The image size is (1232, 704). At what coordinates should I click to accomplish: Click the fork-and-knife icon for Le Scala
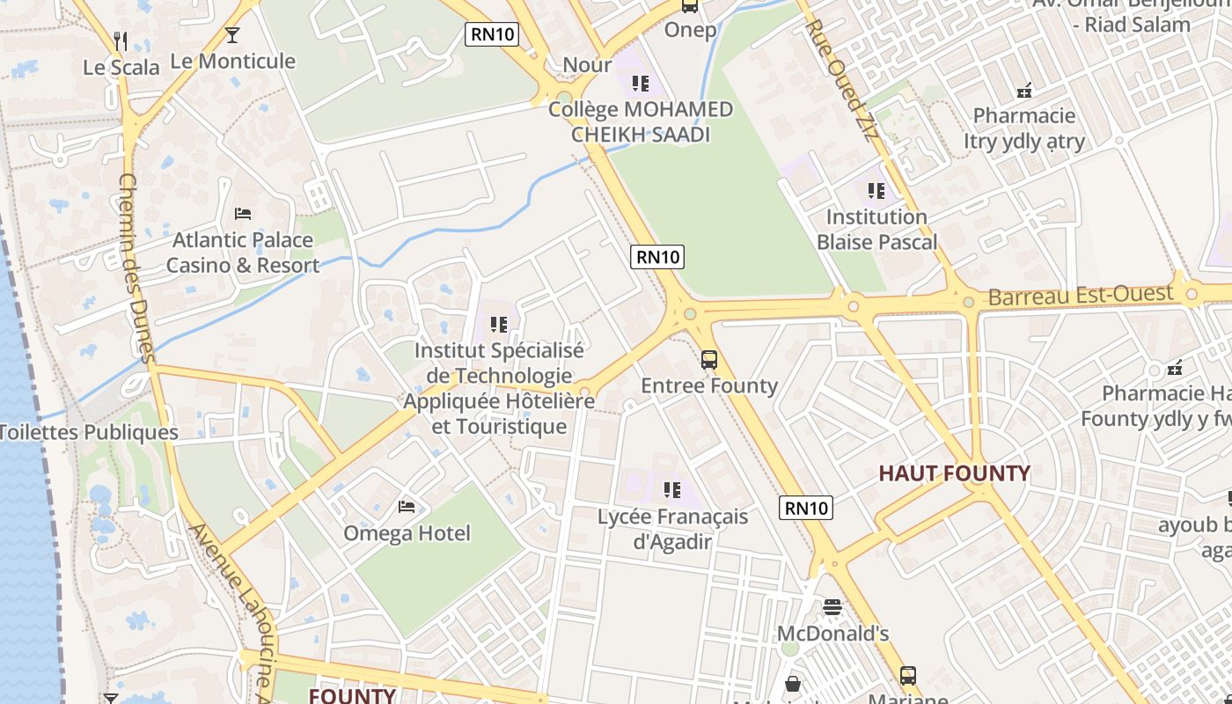[x=121, y=40]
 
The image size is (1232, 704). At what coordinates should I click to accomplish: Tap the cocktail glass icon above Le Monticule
[x=232, y=35]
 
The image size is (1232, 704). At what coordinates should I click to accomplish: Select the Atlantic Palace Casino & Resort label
[x=242, y=253]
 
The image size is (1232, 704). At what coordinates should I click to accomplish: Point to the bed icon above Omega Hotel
[x=407, y=506]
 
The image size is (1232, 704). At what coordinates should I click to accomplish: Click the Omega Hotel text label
[x=407, y=533]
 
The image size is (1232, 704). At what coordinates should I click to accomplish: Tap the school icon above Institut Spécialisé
[x=499, y=325]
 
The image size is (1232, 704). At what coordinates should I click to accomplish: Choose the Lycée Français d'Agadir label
[x=672, y=529]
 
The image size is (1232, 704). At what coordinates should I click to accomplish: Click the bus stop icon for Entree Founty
[x=709, y=359]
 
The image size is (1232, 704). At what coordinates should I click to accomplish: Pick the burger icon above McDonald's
[x=832, y=607]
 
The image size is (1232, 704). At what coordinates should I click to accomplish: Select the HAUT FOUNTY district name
[x=954, y=473]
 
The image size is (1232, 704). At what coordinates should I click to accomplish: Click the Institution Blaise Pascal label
[x=876, y=229]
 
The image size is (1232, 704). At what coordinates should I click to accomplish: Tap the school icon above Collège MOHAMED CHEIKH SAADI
[x=641, y=84]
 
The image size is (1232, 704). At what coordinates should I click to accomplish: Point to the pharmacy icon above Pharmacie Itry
[x=1024, y=90]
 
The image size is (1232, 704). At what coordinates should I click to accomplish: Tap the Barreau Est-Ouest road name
[x=1081, y=296]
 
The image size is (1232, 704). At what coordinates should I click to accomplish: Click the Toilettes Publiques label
[x=89, y=432]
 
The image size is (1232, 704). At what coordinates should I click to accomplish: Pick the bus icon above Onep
[x=690, y=6]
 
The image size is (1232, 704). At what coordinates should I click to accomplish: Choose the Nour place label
[x=587, y=64]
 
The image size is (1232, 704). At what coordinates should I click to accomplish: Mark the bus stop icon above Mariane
[x=908, y=676]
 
